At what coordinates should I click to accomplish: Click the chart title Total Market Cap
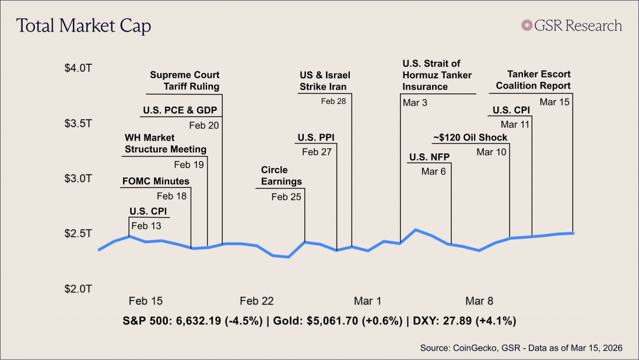pyautogui.click(x=83, y=26)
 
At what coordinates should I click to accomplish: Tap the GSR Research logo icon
pyautogui.click(x=528, y=26)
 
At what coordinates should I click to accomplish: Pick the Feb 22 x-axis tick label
pyautogui.click(x=257, y=301)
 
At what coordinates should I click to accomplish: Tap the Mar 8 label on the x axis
pyautogui.click(x=479, y=301)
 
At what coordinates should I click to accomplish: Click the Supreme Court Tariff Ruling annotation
pyautogui.click(x=185, y=81)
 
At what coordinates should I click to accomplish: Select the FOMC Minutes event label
pyautogui.click(x=156, y=181)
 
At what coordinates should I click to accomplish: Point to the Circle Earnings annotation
pyautogui.click(x=281, y=176)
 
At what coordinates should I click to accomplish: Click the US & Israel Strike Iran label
pyautogui.click(x=325, y=81)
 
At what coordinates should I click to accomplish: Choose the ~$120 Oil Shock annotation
pyautogui.click(x=470, y=138)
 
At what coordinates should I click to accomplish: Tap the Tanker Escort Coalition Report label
pyautogui.click(x=533, y=80)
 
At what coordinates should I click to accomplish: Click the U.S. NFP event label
pyautogui.click(x=426, y=156)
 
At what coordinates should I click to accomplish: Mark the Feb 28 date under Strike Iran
pyautogui.click(x=333, y=101)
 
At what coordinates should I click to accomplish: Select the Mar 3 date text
pyautogui.click(x=414, y=103)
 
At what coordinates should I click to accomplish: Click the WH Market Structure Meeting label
pyautogui.click(x=166, y=144)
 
